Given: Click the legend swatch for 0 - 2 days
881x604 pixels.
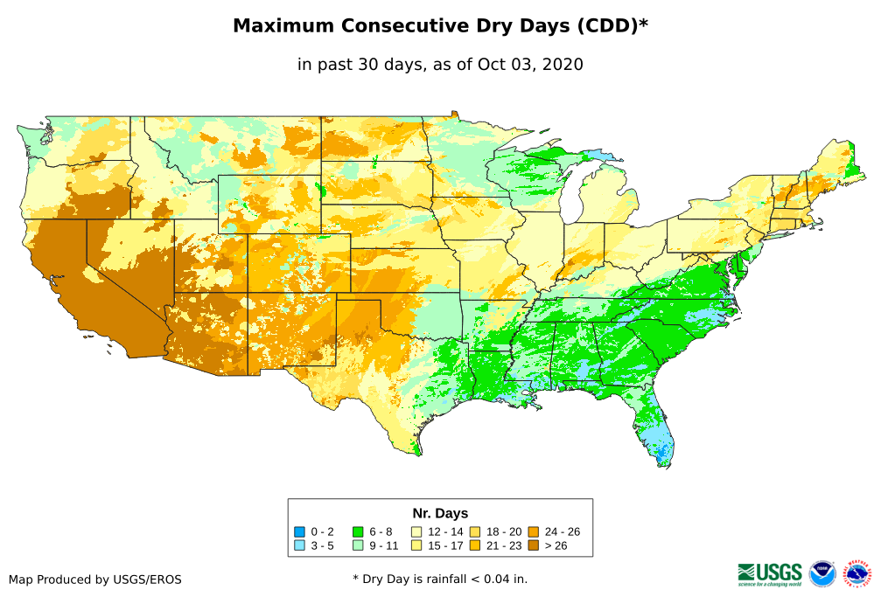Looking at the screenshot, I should [299, 531].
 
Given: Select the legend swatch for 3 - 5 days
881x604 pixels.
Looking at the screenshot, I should [299, 546].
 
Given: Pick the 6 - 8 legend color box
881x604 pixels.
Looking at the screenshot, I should [358, 531].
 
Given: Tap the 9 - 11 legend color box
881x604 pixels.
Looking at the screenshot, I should [358, 546].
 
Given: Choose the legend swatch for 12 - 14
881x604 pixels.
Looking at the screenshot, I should [416, 531].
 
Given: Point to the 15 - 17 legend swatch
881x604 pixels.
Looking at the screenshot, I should [416, 546].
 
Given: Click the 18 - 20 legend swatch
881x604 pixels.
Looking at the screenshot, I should [475, 531].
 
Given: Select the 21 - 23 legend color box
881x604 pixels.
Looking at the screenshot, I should [475, 546].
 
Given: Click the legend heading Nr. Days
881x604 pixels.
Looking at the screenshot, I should [440, 513].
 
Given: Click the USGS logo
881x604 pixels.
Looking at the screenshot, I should [770, 573].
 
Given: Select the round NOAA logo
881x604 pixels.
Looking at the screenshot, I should [822, 573].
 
